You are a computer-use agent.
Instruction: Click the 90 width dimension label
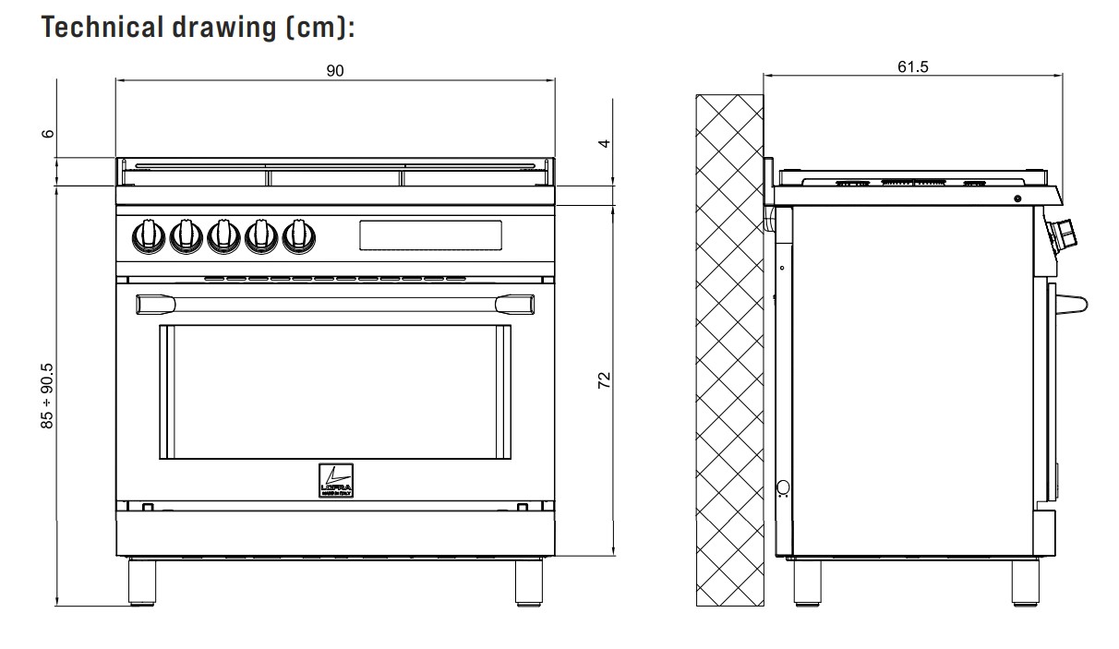click(334, 70)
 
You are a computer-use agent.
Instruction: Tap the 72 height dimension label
click(605, 380)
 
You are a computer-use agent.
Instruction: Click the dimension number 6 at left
click(47, 133)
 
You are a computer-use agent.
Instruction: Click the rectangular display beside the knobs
click(429, 234)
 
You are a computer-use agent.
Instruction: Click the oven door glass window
click(334, 391)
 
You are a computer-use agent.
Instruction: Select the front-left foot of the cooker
click(141, 582)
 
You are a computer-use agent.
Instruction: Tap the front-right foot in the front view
click(529, 582)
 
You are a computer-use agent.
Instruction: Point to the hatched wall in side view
click(729, 351)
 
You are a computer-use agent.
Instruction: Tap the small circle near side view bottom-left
click(784, 487)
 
